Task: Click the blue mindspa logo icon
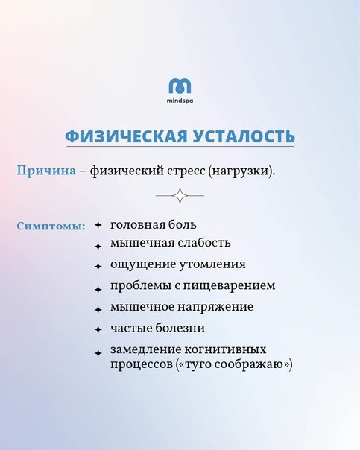[x=180, y=86]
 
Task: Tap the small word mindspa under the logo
[x=180, y=101]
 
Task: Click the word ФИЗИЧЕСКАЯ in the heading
[x=126, y=136]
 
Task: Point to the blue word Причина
[x=46, y=171]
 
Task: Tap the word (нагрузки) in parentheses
[x=241, y=171]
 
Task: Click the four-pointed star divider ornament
[x=180, y=196]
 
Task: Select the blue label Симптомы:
[x=51, y=226]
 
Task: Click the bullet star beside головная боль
[x=98, y=225]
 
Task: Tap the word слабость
[x=203, y=243]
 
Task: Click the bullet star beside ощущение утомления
[x=98, y=267]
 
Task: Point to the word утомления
[x=212, y=264]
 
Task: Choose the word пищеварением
[x=229, y=286]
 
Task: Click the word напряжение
[x=215, y=307]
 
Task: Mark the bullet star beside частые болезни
[x=98, y=329]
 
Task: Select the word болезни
[x=180, y=328]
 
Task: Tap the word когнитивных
[x=225, y=349]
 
